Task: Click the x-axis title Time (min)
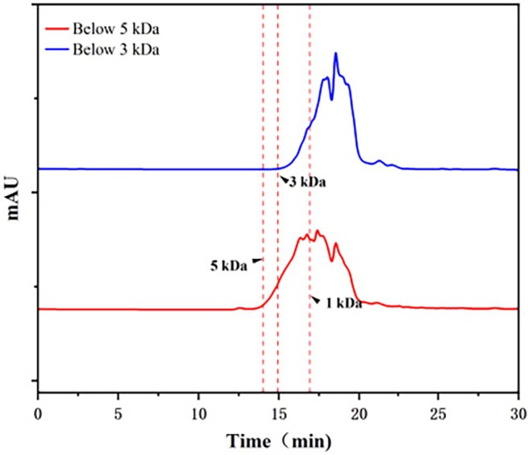278,441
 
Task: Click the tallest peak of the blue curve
335,53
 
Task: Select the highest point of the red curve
318,231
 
